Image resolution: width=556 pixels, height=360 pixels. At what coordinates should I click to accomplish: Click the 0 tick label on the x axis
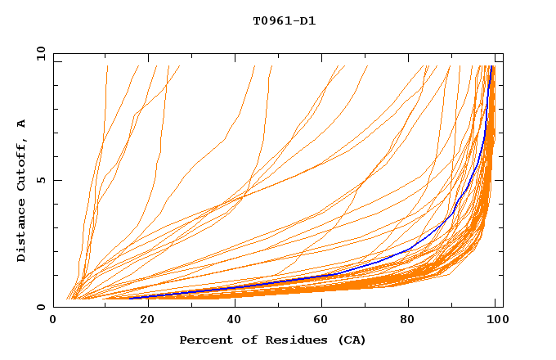coord(53,321)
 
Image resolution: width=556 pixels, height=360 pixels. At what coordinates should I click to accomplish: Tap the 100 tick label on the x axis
coord(495,321)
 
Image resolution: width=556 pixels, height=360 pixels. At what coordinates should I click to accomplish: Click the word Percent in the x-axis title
coord(204,340)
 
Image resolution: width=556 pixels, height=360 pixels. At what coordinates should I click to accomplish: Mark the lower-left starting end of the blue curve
coord(129,299)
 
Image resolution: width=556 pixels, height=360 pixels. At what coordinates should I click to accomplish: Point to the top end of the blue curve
coord(491,67)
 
